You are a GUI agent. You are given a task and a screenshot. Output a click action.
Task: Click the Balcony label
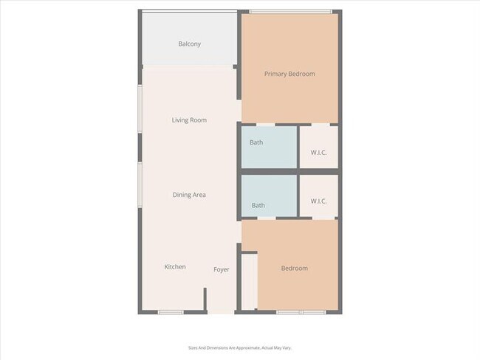pyautogui.click(x=189, y=44)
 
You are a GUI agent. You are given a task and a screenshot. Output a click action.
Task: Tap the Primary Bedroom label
pyautogui.click(x=289, y=74)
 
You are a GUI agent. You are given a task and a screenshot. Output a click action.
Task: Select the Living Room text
pyautogui.click(x=189, y=120)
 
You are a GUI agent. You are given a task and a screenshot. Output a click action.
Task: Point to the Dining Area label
pyautogui.click(x=189, y=195)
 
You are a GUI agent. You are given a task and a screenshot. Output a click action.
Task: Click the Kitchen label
pyautogui.click(x=175, y=267)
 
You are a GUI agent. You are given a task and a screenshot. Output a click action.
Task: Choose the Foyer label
pyautogui.click(x=222, y=269)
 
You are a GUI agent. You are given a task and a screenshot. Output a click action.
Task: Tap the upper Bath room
pyautogui.click(x=269, y=148)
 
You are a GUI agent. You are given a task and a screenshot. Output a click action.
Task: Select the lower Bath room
pyautogui.click(x=269, y=196)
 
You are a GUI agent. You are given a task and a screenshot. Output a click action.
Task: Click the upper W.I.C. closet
pyautogui.click(x=319, y=148)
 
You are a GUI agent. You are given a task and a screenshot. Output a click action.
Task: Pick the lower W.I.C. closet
pyautogui.click(x=319, y=196)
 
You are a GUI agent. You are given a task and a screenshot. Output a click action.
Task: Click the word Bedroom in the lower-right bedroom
pyautogui.click(x=295, y=269)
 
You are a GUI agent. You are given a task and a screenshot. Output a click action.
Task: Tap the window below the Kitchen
pyautogui.click(x=171, y=312)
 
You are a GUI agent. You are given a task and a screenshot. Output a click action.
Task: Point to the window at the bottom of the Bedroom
pyautogui.click(x=301, y=312)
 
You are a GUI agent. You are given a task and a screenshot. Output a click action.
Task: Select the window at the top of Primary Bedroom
pyautogui.click(x=290, y=11)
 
